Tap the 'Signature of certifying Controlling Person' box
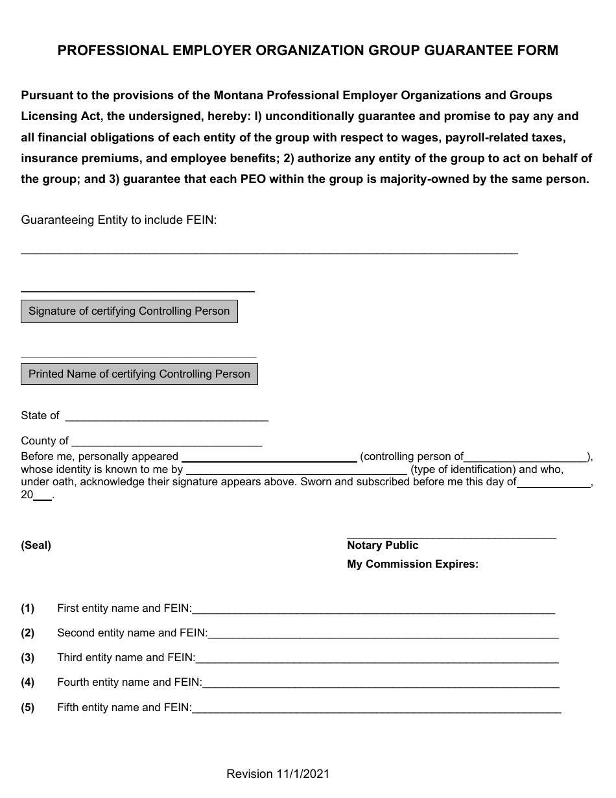point(129,311)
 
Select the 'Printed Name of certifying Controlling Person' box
point(139,374)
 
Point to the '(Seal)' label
point(36,546)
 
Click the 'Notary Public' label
point(383,546)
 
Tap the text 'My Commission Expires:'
point(412,564)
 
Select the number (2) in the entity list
point(27,633)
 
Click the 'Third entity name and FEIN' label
point(126,658)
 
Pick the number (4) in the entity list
point(27,683)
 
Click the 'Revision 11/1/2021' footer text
point(278,774)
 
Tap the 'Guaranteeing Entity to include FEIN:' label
point(119,220)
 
